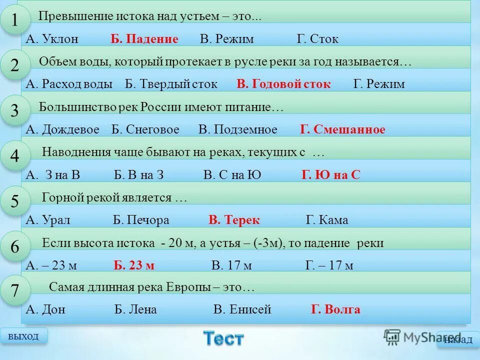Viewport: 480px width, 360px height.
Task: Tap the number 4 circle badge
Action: [14, 156]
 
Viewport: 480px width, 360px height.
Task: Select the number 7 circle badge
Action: [14, 291]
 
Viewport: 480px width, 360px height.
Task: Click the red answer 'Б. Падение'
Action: [144, 39]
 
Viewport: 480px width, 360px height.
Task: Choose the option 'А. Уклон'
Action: [52, 39]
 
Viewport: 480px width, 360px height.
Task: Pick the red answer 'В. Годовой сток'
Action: [283, 84]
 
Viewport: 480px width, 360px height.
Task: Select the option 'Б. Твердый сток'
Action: [171, 84]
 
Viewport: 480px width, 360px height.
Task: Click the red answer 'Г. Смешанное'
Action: [342, 130]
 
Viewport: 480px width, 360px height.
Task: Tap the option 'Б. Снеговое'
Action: [145, 130]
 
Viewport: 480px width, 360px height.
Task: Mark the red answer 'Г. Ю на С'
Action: [330, 175]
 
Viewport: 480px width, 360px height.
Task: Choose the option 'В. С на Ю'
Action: [232, 175]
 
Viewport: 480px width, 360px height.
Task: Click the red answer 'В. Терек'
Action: [234, 220]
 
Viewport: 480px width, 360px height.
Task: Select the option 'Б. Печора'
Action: [141, 220]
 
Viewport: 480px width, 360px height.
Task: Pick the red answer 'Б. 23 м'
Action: [134, 265]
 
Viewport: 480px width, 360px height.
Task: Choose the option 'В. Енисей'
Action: [242, 309]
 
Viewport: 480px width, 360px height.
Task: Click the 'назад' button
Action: [457, 340]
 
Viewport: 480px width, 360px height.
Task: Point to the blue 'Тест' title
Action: [223, 338]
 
